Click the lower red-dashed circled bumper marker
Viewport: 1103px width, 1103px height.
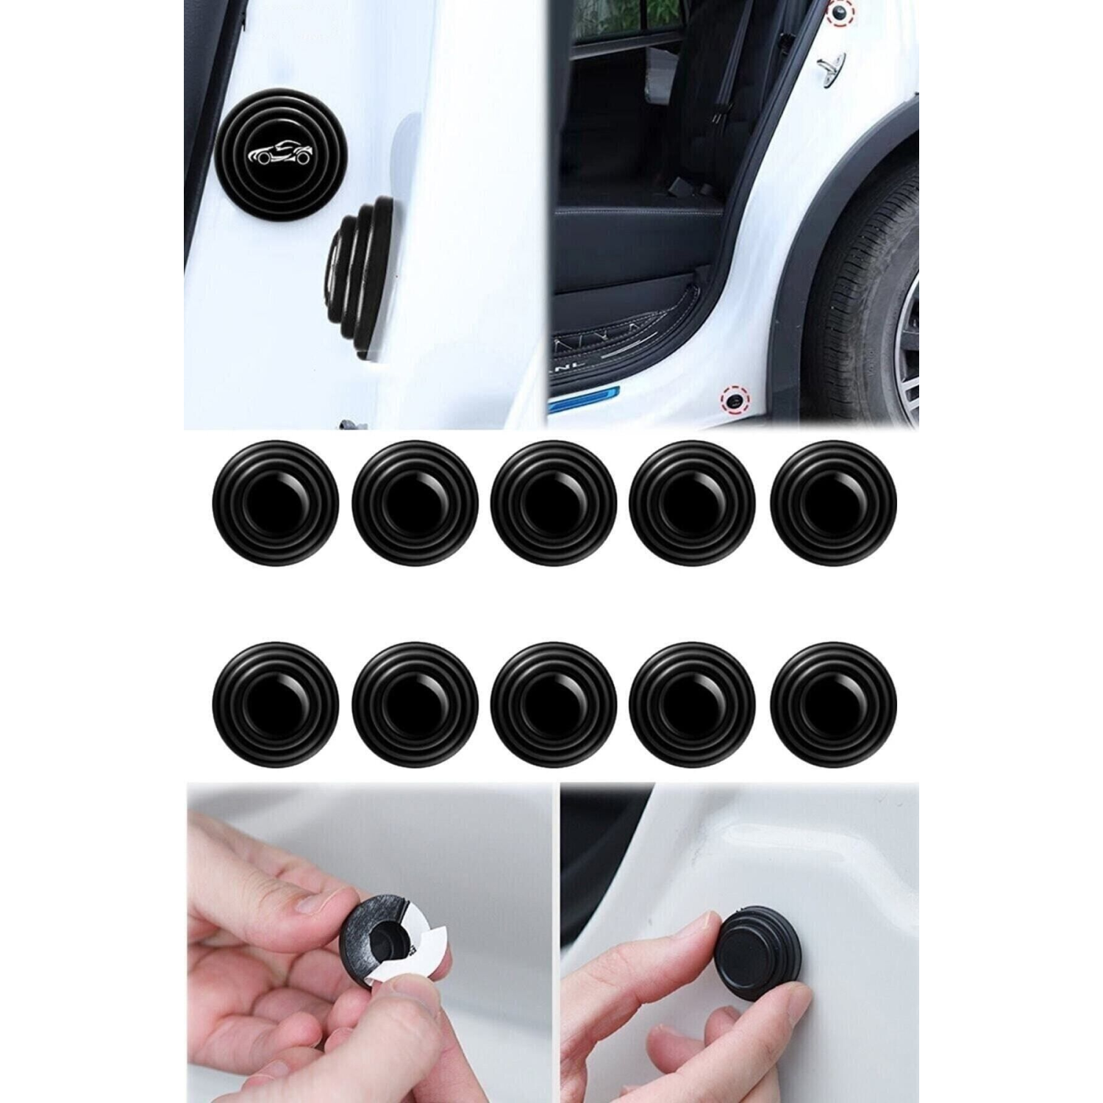tap(733, 399)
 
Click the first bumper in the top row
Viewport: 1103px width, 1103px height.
tap(276, 503)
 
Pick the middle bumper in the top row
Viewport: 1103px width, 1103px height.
tap(554, 503)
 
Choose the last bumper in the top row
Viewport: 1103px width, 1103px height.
tap(834, 503)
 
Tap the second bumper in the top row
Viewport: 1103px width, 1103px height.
tap(415, 503)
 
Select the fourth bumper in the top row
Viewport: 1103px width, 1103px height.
tap(693, 503)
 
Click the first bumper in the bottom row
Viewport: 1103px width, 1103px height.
tap(276, 706)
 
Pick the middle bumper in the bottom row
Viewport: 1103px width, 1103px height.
tap(554, 706)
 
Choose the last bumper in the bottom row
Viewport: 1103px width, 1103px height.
tap(834, 706)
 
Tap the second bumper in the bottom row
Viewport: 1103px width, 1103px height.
tap(415, 706)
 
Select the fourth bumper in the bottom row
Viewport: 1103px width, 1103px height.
tap(693, 706)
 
